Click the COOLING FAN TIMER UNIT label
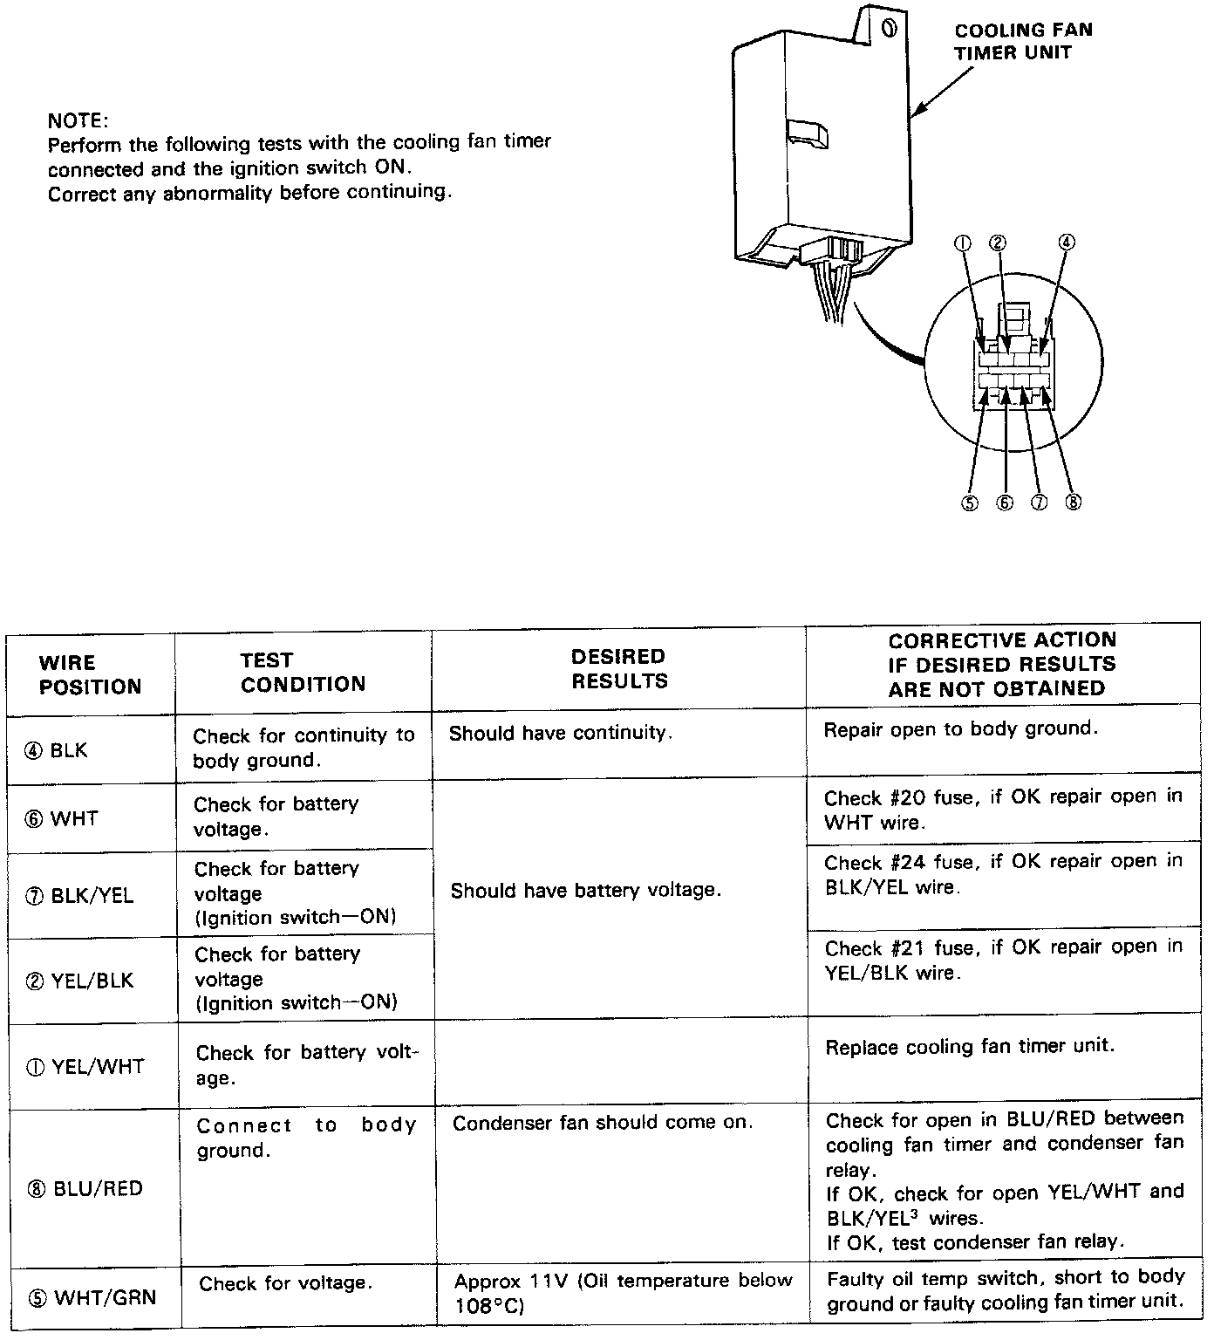[1022, 41]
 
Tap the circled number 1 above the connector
[964, 243]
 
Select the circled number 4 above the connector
[1066, 243]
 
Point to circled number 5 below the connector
[970, 502]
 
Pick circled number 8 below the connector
[1073, 502]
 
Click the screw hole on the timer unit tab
[889, 28]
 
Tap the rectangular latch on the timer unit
[808, 133]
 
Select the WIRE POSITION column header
[90, 674]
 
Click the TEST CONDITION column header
[303, 672]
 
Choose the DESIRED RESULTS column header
[619, 668]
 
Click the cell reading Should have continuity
[561, 733]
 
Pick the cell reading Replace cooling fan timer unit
[970, 1045]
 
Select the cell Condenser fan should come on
[602, 1123]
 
